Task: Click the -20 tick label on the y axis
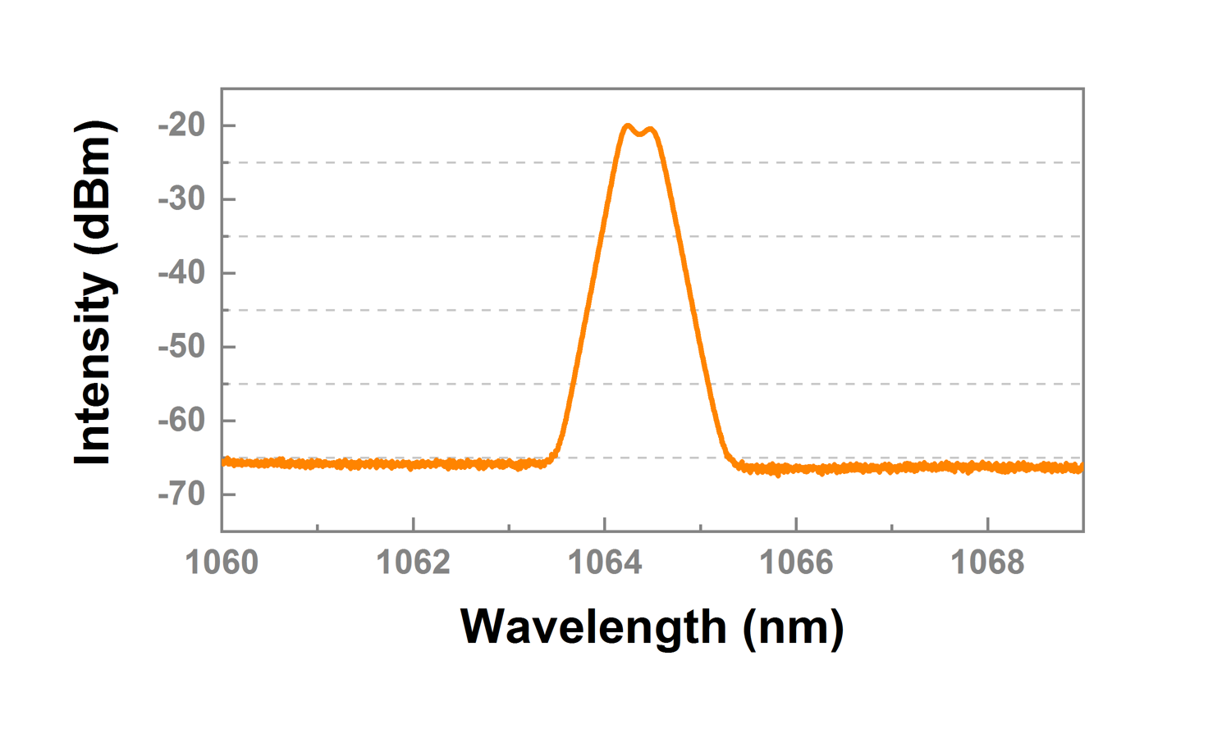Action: (x=181, y=125)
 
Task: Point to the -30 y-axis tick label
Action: (x=181, y=199)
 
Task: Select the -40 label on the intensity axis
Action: (x=181, y=273)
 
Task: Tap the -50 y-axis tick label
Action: (x=181, y=347)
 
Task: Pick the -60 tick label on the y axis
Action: (x=181, y=421)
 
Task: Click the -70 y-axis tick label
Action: (x=181, y=494)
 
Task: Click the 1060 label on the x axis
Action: (x=222, y=563)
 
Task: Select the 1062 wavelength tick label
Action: (x=413, y=563)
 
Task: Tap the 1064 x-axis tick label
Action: (x=605, y=563)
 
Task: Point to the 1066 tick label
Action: (x=796, y=563)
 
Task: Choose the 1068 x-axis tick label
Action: (x=987, y=563)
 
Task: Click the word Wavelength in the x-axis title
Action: (x=593, y=627)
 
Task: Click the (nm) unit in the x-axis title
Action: (x=793, y=627)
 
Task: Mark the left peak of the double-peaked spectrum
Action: (x=628, y=125)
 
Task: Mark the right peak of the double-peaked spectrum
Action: (x=651, y=129)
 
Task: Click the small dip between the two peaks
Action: (x=639, y=134)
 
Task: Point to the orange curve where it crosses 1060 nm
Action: (x=224, y=462)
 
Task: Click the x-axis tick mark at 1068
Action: (x=987, y=525)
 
